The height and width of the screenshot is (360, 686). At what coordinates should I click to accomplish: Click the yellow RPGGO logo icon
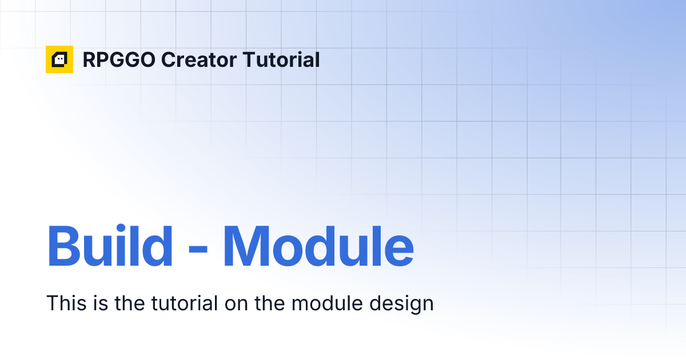click(x=59, y=59)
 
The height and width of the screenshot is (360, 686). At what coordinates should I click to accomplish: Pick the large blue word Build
click(x=110, y=246)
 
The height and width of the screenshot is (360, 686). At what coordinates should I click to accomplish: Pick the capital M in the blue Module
click(x=246, y=246)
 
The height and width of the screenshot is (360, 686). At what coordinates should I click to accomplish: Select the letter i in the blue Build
click(x=130, y=246)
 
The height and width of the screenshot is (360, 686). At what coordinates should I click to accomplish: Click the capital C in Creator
click(x=168, y=60)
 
